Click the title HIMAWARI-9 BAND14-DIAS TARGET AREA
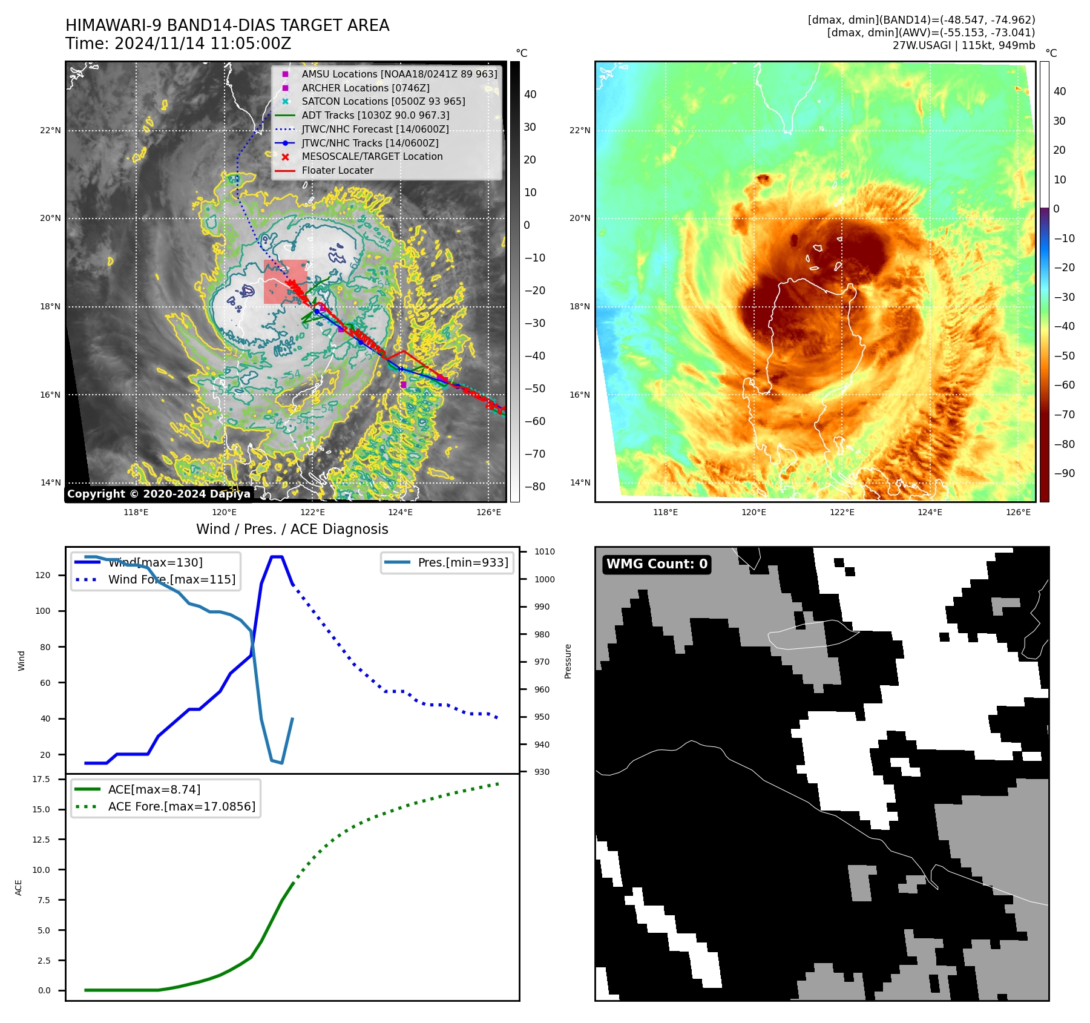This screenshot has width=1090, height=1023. [x=227, y=25]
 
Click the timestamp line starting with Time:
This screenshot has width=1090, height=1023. [x=178, y=44]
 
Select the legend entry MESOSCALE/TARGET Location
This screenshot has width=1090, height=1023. [x=372, y=156]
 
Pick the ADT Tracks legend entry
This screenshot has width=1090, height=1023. [x=375, y=115]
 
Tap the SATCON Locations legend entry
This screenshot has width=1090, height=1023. [x=383, y=101]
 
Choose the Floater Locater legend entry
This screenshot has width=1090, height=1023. [x=337, y=170]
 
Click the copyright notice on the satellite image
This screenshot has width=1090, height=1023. [x=159, y=494]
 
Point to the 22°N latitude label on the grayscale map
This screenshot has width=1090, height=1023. [x=50, y=130]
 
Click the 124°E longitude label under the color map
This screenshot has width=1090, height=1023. [x=930, y=512]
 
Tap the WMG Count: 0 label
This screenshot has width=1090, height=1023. [x=657, y=564]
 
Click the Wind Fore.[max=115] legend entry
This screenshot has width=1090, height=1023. [x=171, y=579]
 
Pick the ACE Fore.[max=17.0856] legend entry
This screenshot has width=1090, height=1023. [x=181, y=806]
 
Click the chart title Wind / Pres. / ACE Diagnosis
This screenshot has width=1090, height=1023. [x=292, y=529]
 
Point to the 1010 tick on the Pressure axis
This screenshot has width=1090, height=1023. [x=544, y=551]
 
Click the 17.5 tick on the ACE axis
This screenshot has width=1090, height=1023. [x=41, y=779]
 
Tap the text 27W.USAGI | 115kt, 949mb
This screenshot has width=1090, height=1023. [x=964, y=45]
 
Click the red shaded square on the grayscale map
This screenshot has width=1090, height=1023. [x=285, y=281]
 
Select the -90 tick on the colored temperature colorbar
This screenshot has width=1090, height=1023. [x=1064, y=473]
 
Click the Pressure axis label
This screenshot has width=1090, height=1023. [x=568, y=661]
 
